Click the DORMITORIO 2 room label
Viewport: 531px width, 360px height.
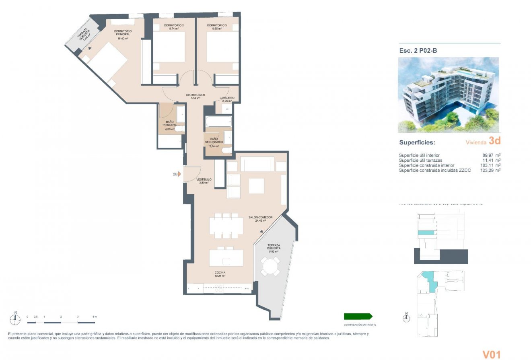click(174, 26)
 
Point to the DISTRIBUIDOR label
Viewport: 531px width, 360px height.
click(196, 95)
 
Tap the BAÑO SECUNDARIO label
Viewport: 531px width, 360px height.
click(214, 141)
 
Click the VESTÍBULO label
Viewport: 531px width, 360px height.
click(204, 180)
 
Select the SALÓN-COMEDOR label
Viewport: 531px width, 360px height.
click(261, 218)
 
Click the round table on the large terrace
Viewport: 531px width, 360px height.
click(270, 266)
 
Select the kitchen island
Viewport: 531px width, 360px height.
click(226, 258)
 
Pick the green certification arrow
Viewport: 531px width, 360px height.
click(358, 317)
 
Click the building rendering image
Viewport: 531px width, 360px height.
click(449, 95)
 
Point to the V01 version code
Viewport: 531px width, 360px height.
click(491, 354)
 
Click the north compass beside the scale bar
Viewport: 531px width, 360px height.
click(15, 319)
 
